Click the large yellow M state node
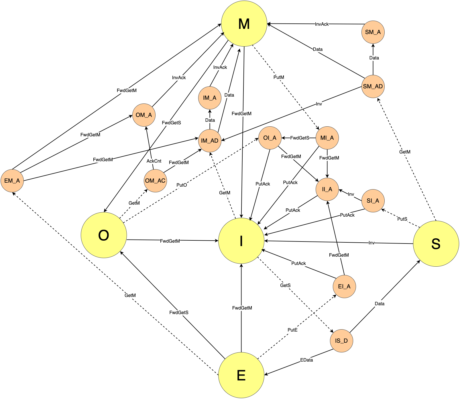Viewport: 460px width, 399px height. pos(244,23)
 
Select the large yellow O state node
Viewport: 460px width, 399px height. pos(104,235)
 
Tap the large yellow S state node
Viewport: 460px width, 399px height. pos(436,244)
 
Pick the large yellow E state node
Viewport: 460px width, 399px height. pos(241,375)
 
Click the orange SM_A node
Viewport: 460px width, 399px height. pos(373,32)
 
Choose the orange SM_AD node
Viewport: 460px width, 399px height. pos(373,86)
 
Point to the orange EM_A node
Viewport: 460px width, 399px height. pos(12,181)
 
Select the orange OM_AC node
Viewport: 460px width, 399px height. pos(155,181)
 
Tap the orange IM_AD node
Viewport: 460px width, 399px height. pos(210,141)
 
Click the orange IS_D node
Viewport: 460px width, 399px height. pos(341,341)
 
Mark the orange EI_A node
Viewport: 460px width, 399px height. pos(344,286)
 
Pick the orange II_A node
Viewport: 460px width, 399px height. pos(327,189)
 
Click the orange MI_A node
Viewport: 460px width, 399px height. pos(327,138)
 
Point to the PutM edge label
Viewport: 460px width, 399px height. pos(279,77)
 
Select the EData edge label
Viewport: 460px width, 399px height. pos(306,360)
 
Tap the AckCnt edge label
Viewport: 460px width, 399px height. pos(154,161)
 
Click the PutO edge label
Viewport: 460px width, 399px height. pos(182,185)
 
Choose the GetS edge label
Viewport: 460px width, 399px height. pos(285,285)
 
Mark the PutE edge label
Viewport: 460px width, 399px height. pos(292,330)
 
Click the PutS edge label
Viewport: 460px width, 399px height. pos(402,219)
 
